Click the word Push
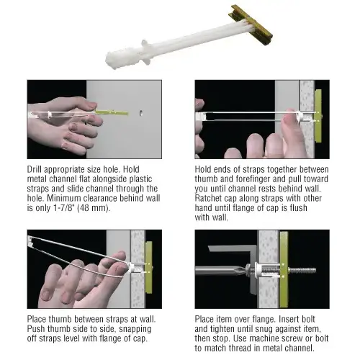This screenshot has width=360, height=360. click(36, 325)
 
